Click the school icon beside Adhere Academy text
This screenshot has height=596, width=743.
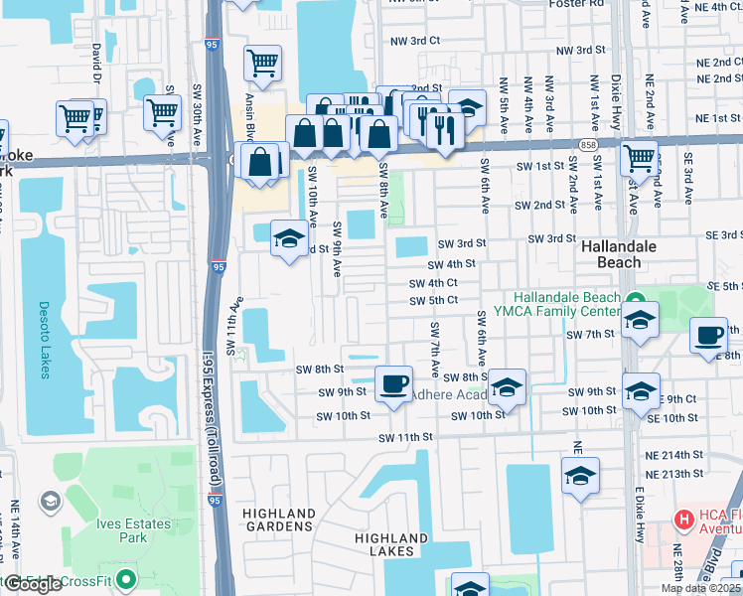pyautogui.click(x=507, y=387)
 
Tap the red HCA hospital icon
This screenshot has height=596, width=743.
pyautogui.click(x=683, y=519)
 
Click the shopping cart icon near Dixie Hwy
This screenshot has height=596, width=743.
pyautogui.click(x=639, y=156)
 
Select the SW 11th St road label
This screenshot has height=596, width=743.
pyautogui.click(x=406, y=438)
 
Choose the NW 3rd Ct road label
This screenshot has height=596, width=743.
pyautogui.click(x=415, y=41)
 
